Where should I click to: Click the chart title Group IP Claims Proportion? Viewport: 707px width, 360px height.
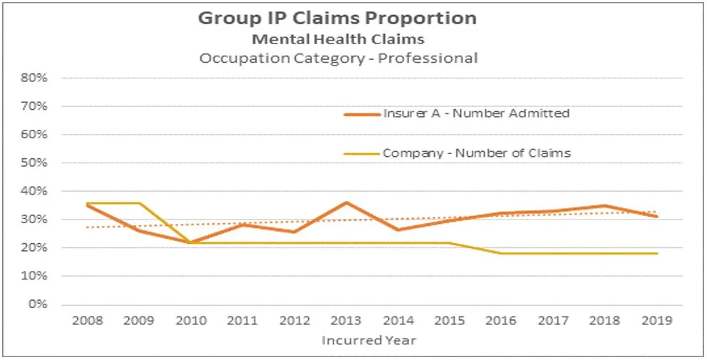pos(337,17)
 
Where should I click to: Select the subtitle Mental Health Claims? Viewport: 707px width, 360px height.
pos(338,38)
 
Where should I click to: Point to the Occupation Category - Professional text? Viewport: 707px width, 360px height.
pos(338,58)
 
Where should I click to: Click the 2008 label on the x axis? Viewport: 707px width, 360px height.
pos(87,321)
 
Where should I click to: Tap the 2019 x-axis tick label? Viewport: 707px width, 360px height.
pos(657,321)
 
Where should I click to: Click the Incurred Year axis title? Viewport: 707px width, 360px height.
pos(368,340)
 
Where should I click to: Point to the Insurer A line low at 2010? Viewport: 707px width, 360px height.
pos(190,242)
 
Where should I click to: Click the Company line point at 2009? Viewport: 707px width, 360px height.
pos(139,203)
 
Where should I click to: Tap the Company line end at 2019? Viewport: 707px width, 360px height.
pos(657,253)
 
